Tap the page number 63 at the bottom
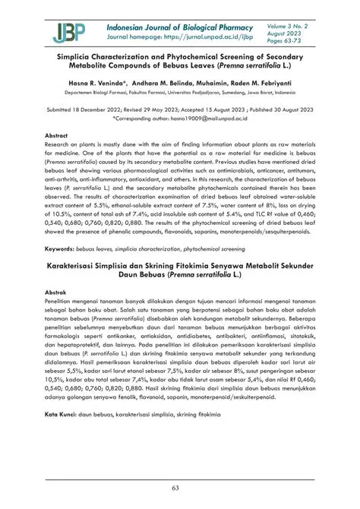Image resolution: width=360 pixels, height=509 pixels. (x=180, y=486)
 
